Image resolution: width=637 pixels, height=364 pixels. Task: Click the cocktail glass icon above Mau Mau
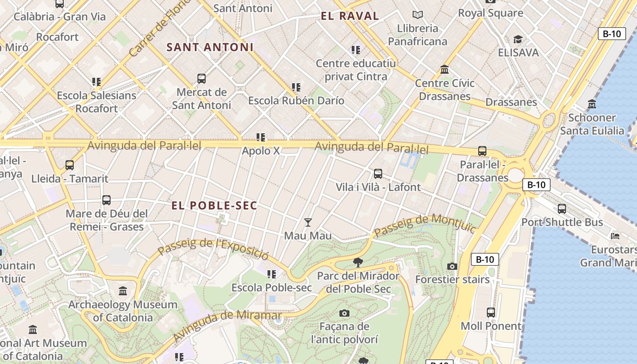(308, 222)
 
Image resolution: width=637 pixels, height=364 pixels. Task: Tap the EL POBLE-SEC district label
(214, 206)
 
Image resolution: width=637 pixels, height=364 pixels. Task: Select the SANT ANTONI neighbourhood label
(210, 47)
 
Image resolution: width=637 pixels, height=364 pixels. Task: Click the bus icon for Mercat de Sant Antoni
(202, 79)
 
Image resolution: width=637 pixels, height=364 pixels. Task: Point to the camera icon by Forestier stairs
(452, 266)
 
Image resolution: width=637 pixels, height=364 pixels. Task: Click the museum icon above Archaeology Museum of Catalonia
(123, 291)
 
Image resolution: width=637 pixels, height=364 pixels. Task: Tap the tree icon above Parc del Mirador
(358, 262)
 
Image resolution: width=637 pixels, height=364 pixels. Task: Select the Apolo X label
(261, 151)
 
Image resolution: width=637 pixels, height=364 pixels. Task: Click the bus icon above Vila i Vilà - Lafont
(378, 173)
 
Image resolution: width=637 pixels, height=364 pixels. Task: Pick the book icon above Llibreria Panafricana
(417, 15)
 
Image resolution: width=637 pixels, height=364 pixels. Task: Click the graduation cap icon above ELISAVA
(518, 39)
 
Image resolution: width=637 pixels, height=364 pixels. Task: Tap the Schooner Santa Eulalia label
(592, 124)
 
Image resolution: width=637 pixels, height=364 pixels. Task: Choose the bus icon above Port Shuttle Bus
(562, 209)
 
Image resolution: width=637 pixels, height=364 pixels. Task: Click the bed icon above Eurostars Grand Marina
(615, 236)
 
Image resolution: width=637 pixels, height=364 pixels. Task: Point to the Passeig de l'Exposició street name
(213, 246)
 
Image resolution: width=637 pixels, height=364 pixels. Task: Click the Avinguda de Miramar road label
(227, 325)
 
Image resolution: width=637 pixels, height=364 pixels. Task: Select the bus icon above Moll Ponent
(490, 313)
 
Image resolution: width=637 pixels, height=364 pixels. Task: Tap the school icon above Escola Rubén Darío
(296, 87)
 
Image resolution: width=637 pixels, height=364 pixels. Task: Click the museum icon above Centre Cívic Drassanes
(445, 70)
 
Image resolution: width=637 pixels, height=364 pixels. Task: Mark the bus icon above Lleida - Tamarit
(70, 165)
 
